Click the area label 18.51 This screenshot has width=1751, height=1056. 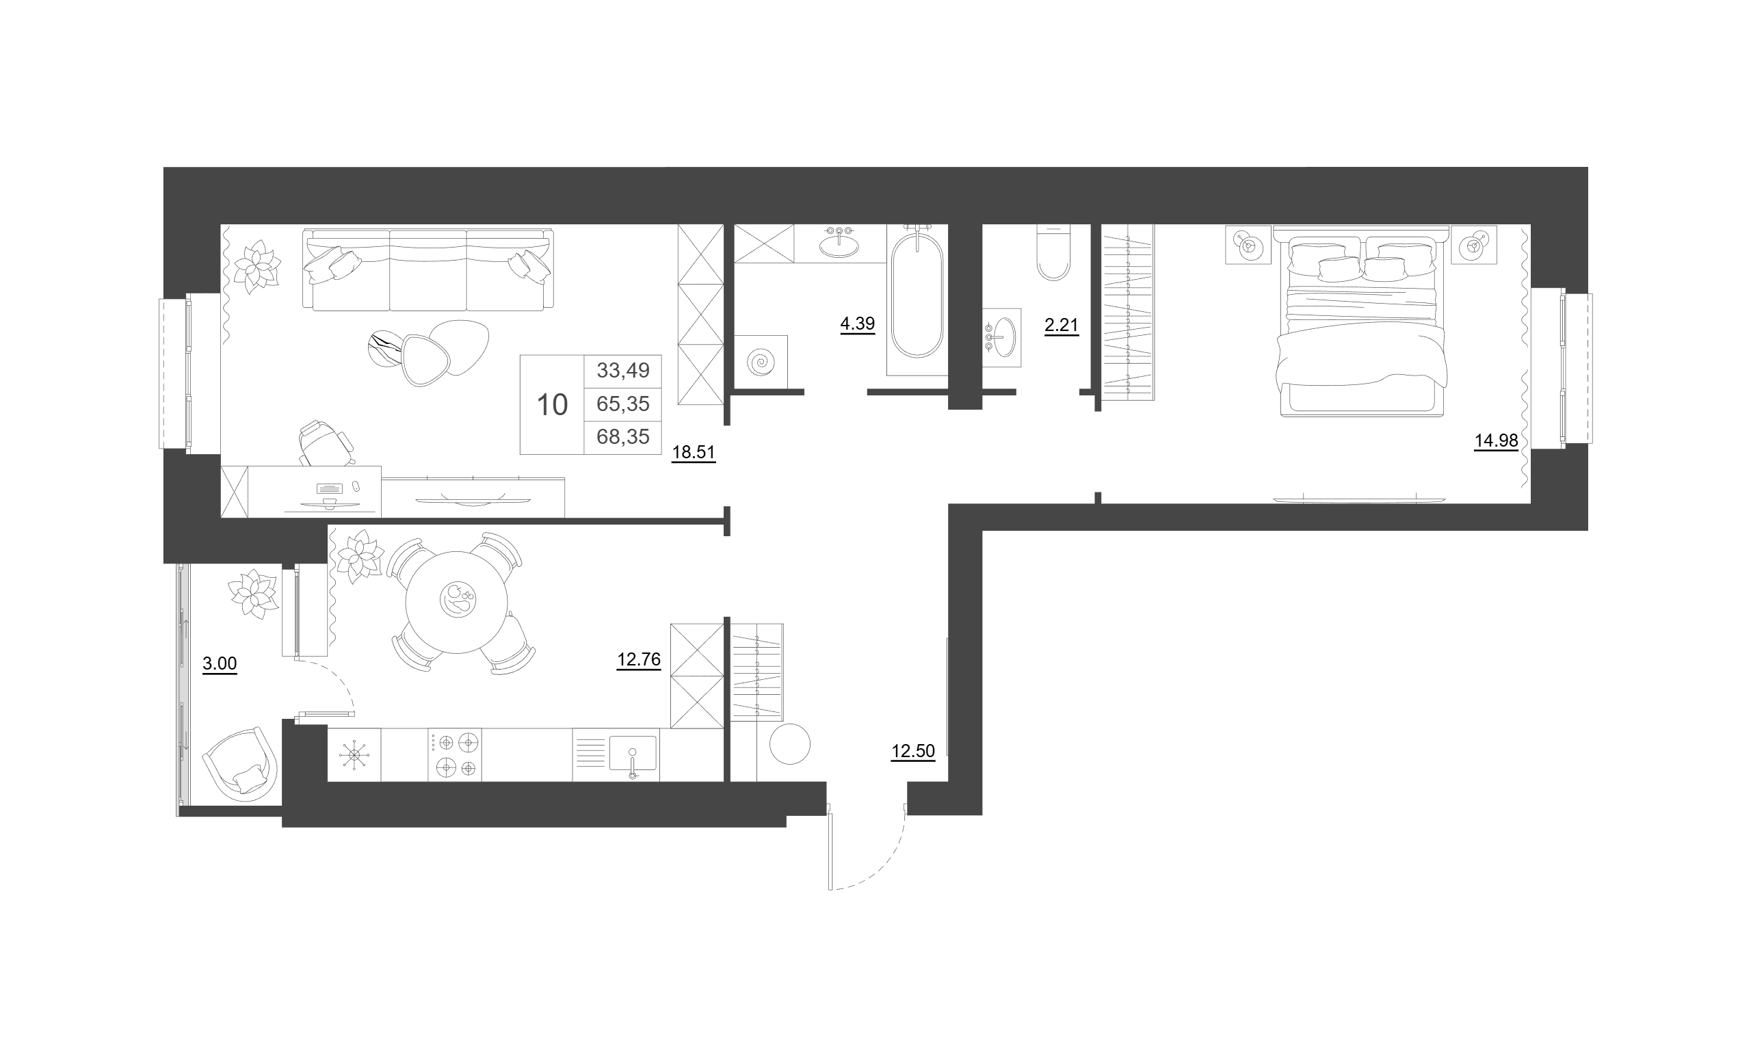tap(694, 453)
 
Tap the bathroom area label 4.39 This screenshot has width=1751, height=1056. tap(858, 324)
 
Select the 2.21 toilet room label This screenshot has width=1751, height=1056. tap(1062, 326)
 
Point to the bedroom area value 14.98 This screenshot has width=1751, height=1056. tap(1496, 440)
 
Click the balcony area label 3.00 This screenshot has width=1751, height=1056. tap(220, 663)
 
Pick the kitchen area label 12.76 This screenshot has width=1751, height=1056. tap(639, 659)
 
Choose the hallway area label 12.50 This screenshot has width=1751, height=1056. tap(913, 751)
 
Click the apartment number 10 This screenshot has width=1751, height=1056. tap(552, 405)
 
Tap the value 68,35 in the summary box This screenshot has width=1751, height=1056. tap(623, 437)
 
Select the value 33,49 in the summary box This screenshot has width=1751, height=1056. tap(623, 370)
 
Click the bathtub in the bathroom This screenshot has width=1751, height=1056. tap(917, 300)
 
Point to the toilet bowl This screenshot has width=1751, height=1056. tap(1053, 252)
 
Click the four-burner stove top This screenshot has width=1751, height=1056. tap(455, 754)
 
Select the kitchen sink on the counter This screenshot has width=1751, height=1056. tap(633, 754)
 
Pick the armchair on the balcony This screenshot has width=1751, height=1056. tap(240, 765)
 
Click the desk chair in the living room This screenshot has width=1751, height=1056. tap(326, 443)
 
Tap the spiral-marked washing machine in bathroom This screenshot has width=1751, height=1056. tap(761, 362)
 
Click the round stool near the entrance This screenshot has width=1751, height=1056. tap(790, 744)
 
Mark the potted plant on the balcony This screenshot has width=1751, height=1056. tap(252, 594)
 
